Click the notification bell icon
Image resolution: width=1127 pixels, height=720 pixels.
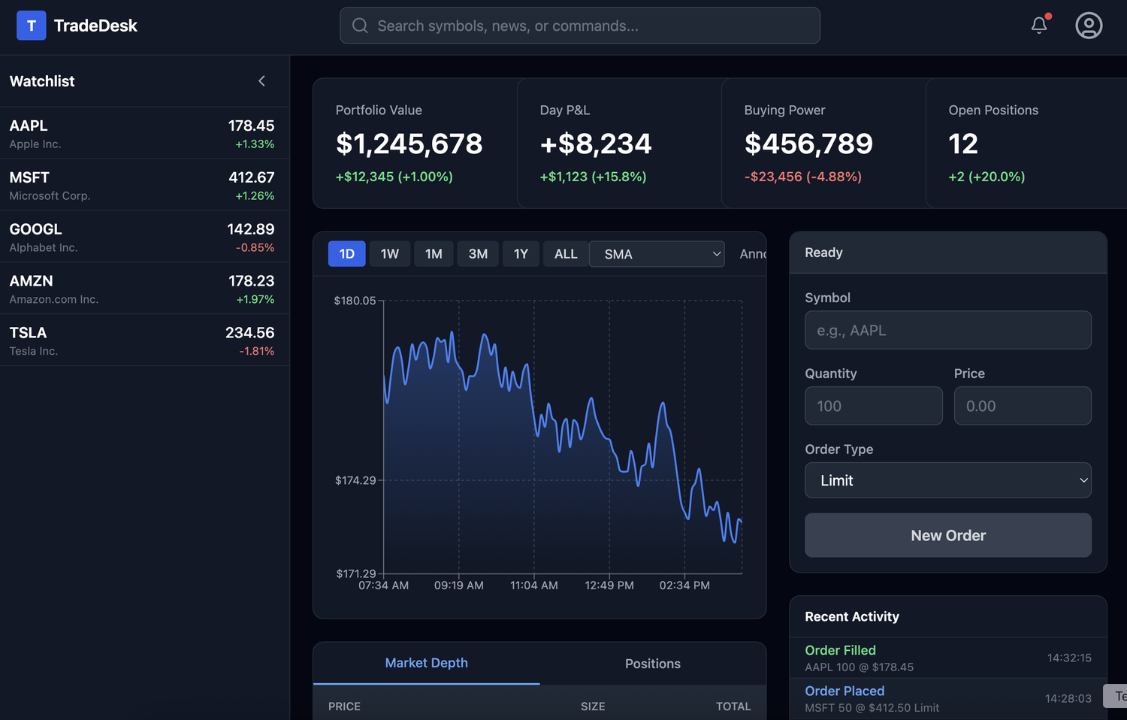pyautogui.click(x=1039, y=26)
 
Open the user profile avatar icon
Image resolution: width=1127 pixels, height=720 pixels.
pyautogui.click(x=1089, y=26)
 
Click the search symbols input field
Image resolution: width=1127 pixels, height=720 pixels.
pyautogui.click(x=579, y=26)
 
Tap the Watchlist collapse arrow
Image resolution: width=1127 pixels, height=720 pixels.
pyautogui.click(x=261, y=81)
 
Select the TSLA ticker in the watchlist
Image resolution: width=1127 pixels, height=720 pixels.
pyautogui.click(x=28, y=333)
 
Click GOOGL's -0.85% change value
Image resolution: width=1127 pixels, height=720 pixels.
pyautogui.click(x=255, y=247)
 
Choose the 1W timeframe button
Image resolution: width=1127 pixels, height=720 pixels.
pyautogui.click(x=389, y=254)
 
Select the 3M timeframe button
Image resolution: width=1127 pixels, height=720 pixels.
pyautogui.click(x=478, y=254)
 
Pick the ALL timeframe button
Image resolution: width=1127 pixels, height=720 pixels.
pyautogui.click(x=566, y=254)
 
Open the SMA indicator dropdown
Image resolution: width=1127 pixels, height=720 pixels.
pyautogui.click(x=657, y=254)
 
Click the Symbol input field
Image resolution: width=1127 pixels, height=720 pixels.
pyautogui.click(x=947, y=330)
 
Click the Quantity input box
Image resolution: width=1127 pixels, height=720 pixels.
pyautogui.click(x=873, y=406)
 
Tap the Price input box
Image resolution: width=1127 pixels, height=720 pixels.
pyautogui.click(x=1022, y=406)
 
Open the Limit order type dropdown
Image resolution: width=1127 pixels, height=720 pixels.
pyautogui.click(x=947, y=480)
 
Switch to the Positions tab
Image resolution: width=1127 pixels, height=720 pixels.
pyautogui.click(x=652, y=664)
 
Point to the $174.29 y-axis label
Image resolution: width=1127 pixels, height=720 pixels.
pyautogui.click(x=355, y=480)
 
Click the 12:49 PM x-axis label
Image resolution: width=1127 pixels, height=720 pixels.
pyautogui.click(x=609, y=585)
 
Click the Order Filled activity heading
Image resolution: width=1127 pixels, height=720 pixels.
pyautogui.click(x=840, y=650)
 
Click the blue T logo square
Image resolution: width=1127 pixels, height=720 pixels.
pyautogui.click(x=32, y=26)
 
